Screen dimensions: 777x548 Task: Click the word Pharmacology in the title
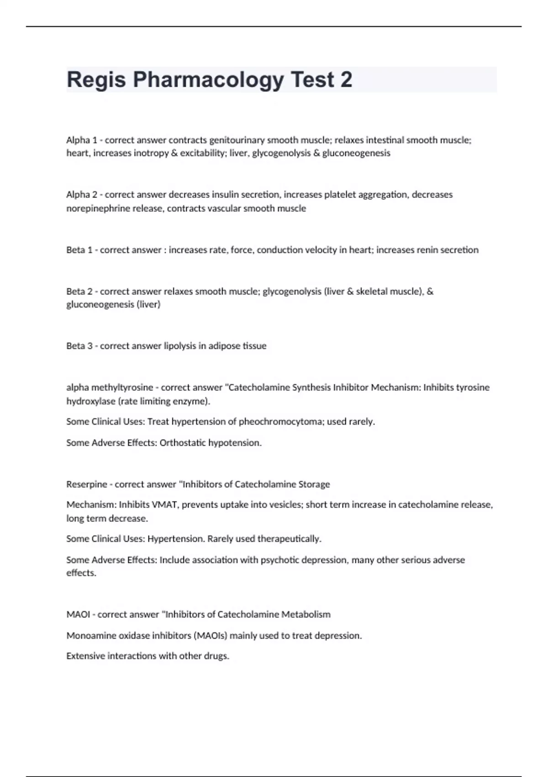[x=208, y=80]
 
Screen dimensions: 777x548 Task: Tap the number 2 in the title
[x=346, y=80]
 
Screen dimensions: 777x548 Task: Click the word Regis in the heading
[x=96, y=80]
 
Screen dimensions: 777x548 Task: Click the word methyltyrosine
[x=122, y=388]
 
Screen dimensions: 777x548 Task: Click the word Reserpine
[x=87, y=484]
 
